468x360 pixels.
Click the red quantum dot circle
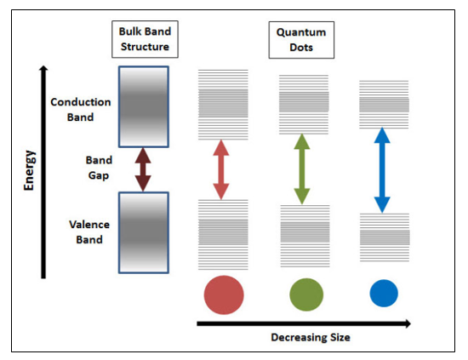tap(224, 294)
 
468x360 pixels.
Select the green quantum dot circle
tap(306, 294)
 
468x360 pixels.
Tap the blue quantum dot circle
tap(384, 293)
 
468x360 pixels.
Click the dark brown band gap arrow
tap(143, 169)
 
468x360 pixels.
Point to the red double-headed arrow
tap(221, 169)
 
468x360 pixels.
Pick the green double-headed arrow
tap(302, 169)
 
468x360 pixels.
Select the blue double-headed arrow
tap(382, 170)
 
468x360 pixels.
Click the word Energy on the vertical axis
tap(29, 170)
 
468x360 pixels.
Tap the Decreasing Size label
tap(311, 337)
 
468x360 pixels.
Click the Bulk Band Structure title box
tap(145, 39)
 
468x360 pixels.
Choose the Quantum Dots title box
tap(301, 40)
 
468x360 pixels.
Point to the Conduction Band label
tap(81, 110)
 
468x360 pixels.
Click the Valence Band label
tap(89, 232)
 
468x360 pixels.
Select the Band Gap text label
tap(99, 168)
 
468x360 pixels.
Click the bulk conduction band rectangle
tap(144, 107)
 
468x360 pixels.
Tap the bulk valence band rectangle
tap(144, 233)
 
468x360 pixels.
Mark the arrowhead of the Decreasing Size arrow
tap(408, 323)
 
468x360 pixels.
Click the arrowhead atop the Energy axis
tap(43, 68)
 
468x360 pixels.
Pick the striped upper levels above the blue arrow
tap(384, 105)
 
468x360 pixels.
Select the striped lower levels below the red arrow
tap(223, 235)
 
